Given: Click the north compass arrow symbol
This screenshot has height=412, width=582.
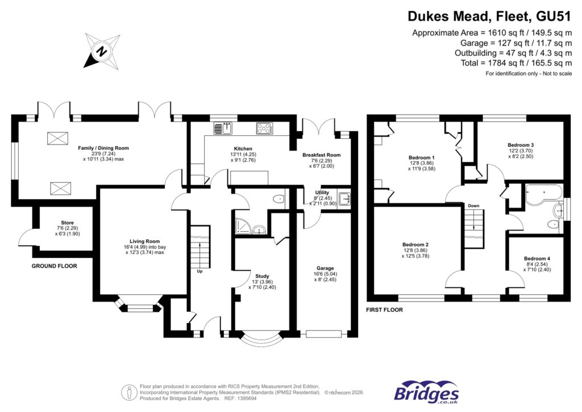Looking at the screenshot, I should click(101, 50).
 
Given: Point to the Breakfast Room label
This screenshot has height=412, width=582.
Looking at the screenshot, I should click(321, 155).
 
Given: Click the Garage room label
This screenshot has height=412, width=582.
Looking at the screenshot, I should click(325, 268).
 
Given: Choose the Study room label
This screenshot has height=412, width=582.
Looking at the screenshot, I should click(262, 276).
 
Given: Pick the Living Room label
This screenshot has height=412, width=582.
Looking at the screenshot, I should click(143, 241).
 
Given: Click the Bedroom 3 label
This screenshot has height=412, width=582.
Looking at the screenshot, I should click(520, 145).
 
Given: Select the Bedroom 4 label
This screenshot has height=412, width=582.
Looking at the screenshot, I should click(537, 258).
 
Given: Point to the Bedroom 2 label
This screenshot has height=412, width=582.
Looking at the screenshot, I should click(415, 245).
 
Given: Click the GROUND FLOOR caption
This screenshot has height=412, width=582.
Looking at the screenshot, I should click(54, 266).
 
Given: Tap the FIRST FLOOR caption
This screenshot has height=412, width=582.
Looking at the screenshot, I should click(385, 310).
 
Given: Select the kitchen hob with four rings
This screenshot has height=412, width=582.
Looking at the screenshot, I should click(264, 129).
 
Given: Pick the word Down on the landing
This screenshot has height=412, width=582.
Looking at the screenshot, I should click(474, 205).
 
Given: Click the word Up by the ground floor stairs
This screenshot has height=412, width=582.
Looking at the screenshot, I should click(199, 271).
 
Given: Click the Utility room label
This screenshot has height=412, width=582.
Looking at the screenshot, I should click(322, 193).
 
